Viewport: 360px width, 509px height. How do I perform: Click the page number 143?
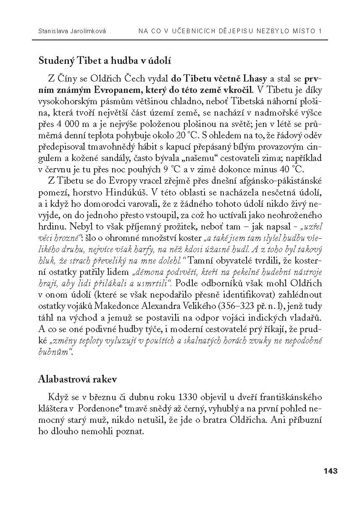(331, 471)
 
